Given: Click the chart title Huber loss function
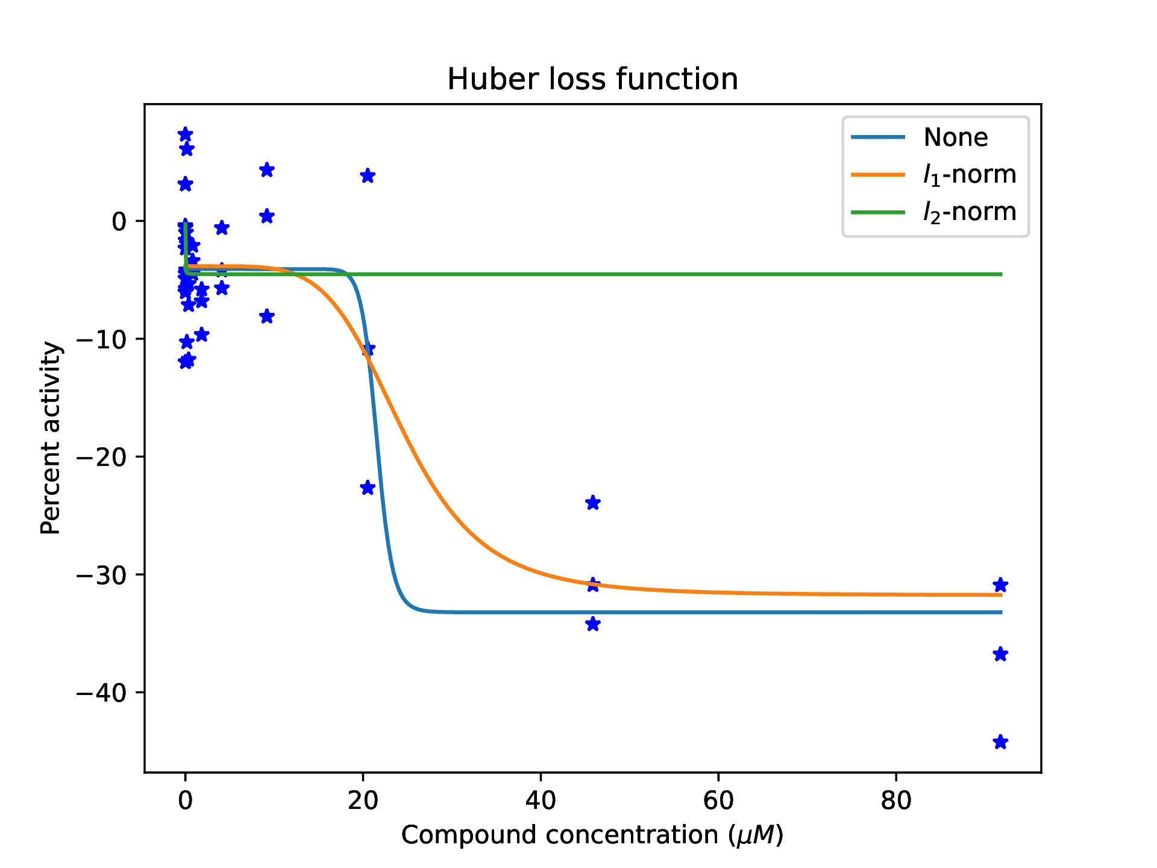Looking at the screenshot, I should click(592, 79).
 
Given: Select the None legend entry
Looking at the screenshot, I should click(955, 137).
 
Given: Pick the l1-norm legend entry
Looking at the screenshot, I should click(969, 174).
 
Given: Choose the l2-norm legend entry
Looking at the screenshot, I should click(969, 212).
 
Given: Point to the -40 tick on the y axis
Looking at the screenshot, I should click(101, 693).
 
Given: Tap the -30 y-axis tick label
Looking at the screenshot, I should click(101, 575).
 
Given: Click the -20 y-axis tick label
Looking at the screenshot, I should click(101, 457).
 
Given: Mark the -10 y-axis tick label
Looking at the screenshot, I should click(101, 339).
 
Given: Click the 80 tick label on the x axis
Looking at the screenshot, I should click(895, 800).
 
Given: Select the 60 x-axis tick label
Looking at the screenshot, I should click(718, 800).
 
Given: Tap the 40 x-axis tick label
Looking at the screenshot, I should click(541, 800).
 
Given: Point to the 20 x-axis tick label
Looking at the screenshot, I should click(363, 800).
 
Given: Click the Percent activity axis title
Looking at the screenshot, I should click(51, 438).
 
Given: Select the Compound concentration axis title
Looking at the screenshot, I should click(592, 835).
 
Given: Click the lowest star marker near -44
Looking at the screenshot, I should click(1000, 742).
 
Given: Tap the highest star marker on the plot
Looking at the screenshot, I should click(186, 134).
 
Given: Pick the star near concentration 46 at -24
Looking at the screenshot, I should click(593, 503).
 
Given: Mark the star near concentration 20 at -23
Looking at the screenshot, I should click(368, 488).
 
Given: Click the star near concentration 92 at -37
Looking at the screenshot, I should click(1000, 654).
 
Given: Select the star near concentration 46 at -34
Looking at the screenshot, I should click(593, 624).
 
